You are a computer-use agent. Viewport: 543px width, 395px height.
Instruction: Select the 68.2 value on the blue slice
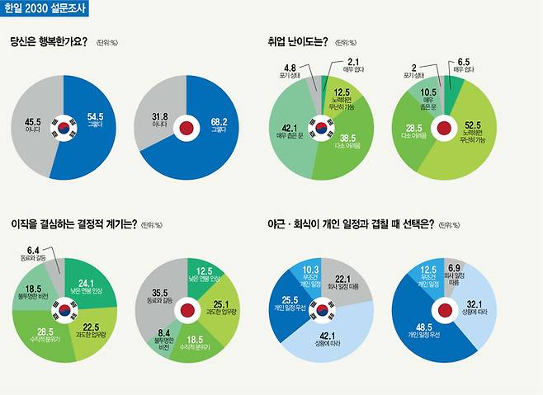click(x=218, y=116)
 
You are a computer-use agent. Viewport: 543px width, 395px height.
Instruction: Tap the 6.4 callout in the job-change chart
click(x=30, y=250)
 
